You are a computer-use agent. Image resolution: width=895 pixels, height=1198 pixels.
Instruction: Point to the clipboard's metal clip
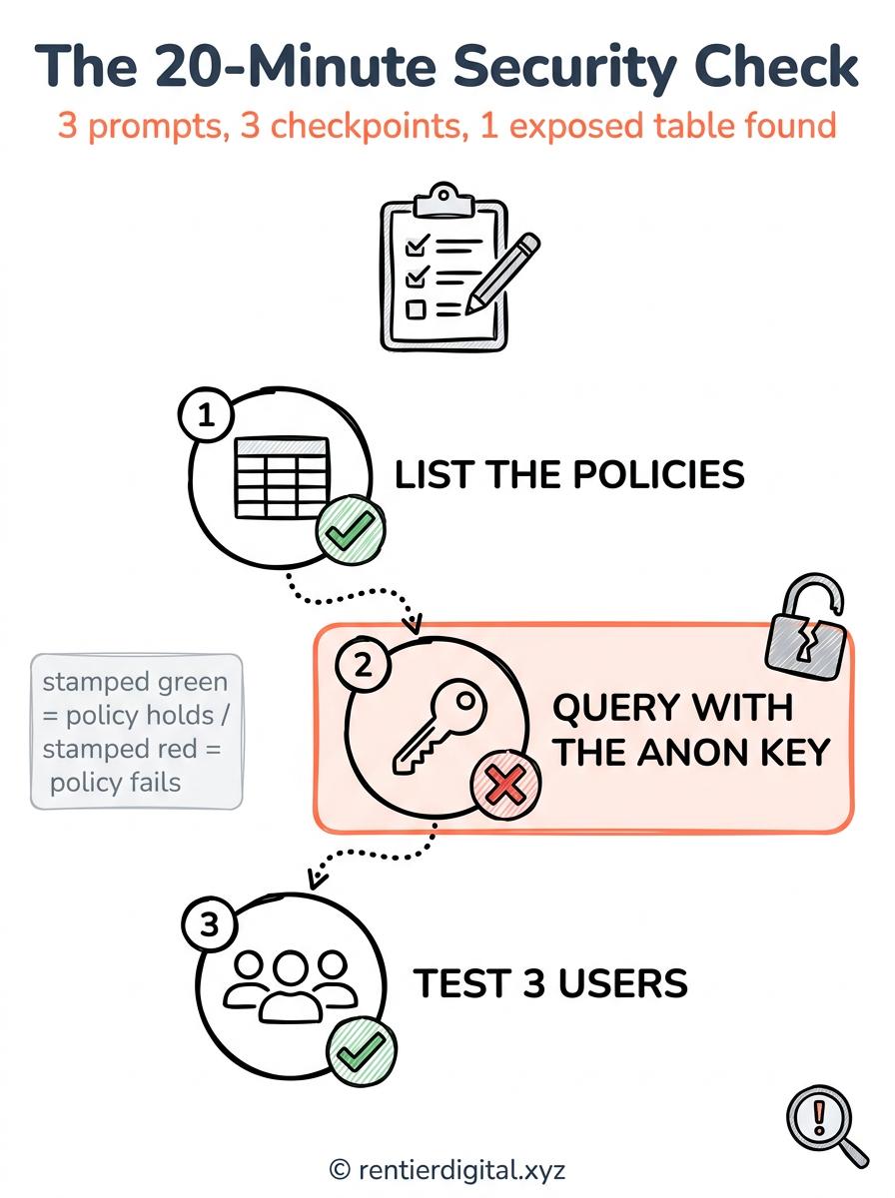(444, 201)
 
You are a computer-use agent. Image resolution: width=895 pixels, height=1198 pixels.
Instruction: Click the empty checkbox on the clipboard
(416, 309)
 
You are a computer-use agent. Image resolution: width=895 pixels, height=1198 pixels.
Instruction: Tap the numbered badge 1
(206, 414)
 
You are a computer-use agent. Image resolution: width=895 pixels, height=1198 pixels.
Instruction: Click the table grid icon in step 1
(282, 476)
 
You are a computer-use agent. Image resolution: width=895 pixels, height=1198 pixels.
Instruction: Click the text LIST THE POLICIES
(569, 474)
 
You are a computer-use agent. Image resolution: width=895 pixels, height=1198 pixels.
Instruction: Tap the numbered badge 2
(364, 665)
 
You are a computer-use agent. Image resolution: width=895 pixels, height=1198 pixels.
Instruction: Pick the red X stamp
(506, 785)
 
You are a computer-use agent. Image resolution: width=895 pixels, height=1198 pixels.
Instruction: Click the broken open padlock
(806, 627)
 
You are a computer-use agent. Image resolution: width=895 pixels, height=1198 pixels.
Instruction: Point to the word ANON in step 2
(689, 753)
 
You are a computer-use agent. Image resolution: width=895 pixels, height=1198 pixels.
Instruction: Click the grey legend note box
(137, 732)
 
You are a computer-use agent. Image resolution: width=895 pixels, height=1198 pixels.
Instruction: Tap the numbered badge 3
(210, 924)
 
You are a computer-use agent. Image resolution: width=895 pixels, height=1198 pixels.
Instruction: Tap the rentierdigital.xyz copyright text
(447, 1169)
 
